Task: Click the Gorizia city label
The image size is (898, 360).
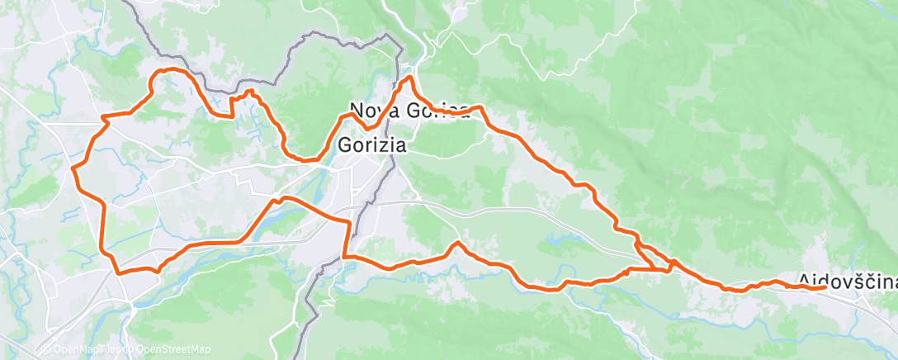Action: tap(372, 145)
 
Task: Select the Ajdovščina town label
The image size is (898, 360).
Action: tap(848, 281)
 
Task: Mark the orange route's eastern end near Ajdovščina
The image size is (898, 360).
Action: tap(825, 287)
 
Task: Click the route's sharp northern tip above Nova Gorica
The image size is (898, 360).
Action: tap(408, 78)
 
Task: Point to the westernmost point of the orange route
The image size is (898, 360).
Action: tap(73, 168)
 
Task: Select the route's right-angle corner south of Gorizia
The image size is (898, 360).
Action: tap(344, 258)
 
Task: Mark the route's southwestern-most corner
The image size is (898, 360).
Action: tap(118, 272)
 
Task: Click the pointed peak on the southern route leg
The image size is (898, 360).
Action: tap(456, 243)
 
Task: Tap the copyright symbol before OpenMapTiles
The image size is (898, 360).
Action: tap(47, 349)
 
